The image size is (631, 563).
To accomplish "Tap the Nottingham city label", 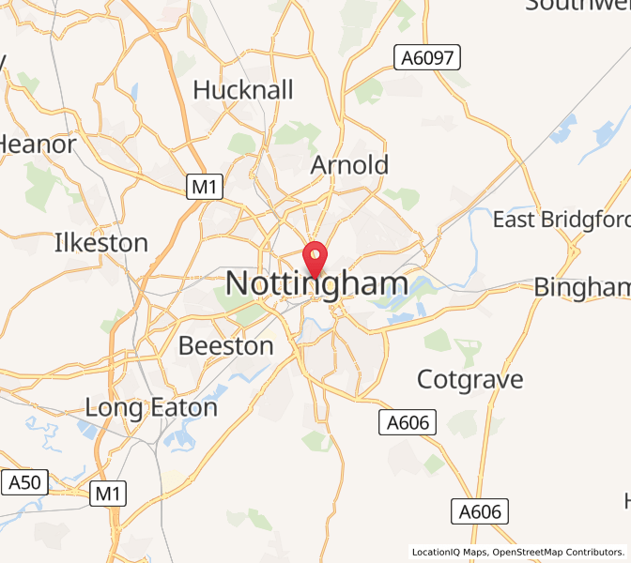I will tap(317, 284).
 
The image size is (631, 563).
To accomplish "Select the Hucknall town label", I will tap(243, 90).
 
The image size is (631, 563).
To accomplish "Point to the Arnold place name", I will tap(349, 165).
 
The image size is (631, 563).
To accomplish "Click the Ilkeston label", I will tap(101, 243).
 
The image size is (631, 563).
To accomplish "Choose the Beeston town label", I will tap(226, 346).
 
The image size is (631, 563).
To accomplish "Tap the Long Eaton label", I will tap(151, 408).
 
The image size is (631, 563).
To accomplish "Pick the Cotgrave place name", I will tap(470, 380).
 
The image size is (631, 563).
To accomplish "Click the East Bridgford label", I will tap(562, 220).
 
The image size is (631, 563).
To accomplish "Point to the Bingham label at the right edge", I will tap(582, 287).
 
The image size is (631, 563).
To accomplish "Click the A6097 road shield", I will tap(427, 58).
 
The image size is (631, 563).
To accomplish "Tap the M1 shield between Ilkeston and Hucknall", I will tap(204, 187).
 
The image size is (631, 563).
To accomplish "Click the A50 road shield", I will tap(24, 483).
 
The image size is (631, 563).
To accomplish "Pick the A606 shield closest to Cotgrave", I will tap(408, 423).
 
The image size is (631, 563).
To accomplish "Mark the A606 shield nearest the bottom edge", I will tap(484, 511).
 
